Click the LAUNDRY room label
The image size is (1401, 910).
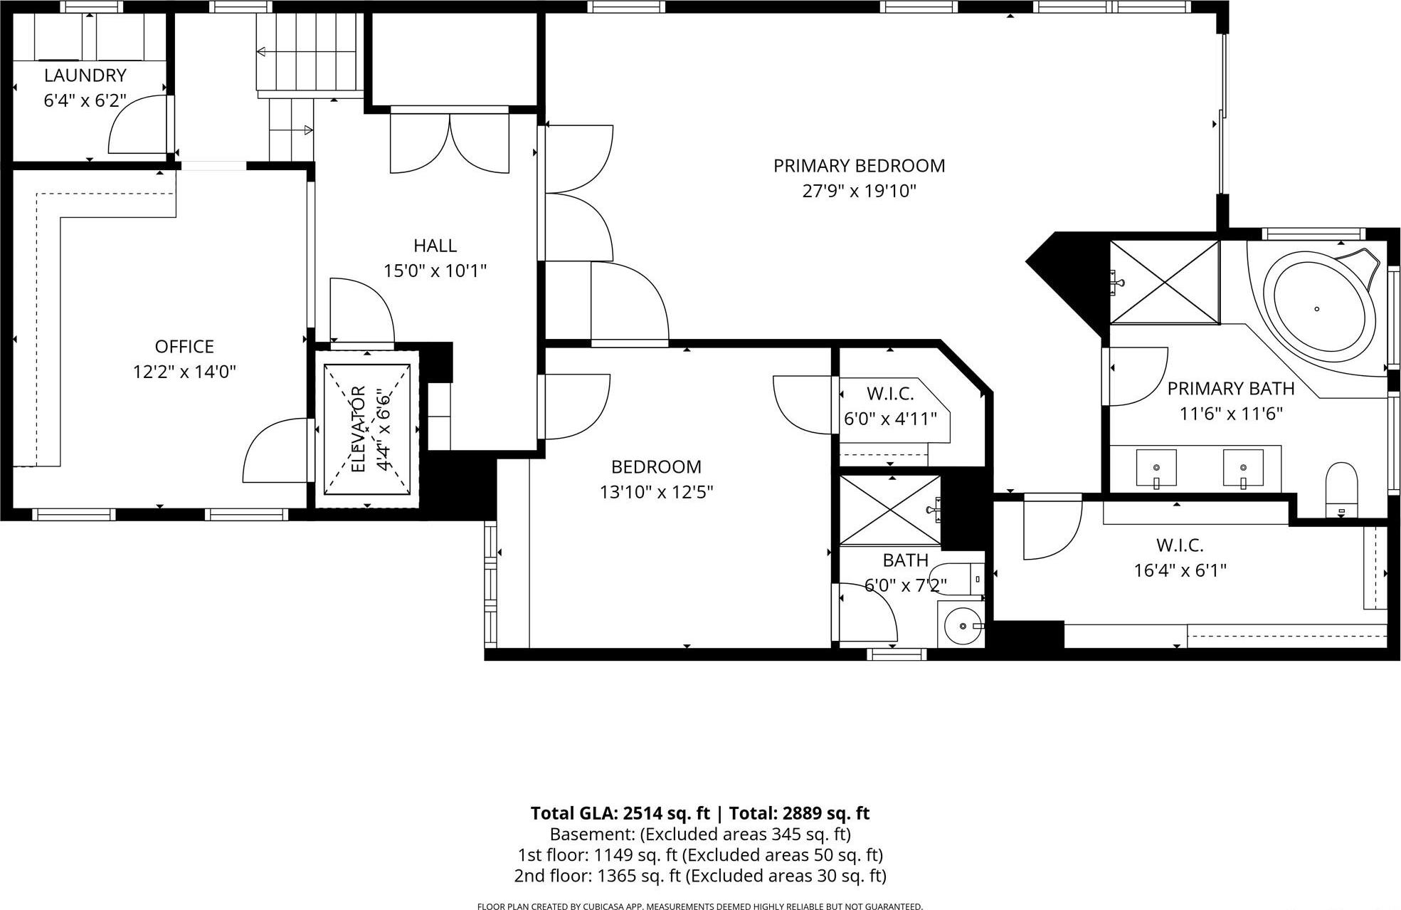tap(85, 75)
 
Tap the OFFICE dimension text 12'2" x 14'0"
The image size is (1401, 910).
tap(184, 372)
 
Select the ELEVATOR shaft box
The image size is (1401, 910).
tap(367, 429)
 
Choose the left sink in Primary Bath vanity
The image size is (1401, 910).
tap(1156, 468)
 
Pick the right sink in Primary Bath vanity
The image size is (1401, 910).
tap(1243, 468)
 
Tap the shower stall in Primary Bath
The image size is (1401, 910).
tap(1165, 283)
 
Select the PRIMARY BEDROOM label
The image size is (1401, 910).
tap(859, 166)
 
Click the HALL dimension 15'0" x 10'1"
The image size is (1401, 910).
tap(435, 271)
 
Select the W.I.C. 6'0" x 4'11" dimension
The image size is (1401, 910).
tap(890, 419)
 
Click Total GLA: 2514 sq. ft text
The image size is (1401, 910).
tap(620, 813)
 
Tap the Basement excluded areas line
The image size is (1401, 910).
tap(700, 834)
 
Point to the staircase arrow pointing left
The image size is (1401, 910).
tap(261, 52)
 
